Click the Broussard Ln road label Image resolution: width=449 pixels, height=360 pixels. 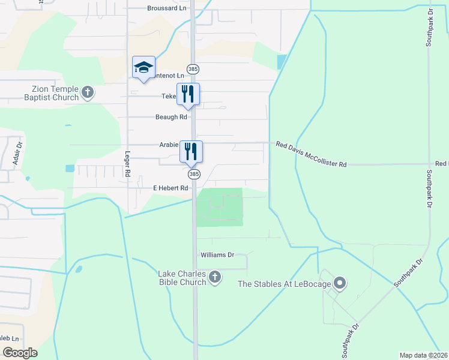[x=167, y=8]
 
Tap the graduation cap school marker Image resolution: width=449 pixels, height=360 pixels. [x=143, y=67]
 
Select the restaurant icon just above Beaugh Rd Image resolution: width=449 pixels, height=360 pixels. [x=188, y=94]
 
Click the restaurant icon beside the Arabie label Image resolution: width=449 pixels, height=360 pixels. [x=191, y=152]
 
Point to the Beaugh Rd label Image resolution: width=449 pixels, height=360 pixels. [x=171, y=117]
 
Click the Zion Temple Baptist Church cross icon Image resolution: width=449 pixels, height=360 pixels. [x=88, y=93]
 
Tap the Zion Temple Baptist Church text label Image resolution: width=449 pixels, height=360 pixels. [x=51, y=93]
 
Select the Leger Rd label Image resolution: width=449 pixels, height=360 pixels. [x=127, y=164]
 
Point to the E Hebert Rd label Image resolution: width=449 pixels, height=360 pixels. [x=171, y=188]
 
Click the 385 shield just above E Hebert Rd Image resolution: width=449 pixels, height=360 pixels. [x=193, y=174]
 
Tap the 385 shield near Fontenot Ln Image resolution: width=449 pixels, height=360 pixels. [x=193, y=70]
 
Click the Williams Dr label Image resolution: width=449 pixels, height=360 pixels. [x=217, y=255]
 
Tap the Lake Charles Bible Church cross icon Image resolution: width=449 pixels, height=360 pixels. [x=215, y=277]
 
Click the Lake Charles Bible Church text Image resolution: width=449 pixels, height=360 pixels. [x=182, y=278]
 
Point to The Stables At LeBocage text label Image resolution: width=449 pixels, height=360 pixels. [x=285, y=284]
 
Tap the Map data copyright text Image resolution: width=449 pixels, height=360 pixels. [x=423, y=355]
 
